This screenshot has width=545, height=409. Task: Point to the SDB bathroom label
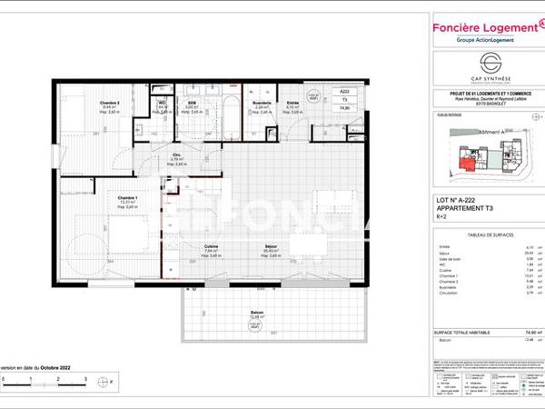tap(193, 104)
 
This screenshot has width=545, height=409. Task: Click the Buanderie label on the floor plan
tap(262, 104)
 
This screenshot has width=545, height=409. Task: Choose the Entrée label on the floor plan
tap(292, 104)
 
